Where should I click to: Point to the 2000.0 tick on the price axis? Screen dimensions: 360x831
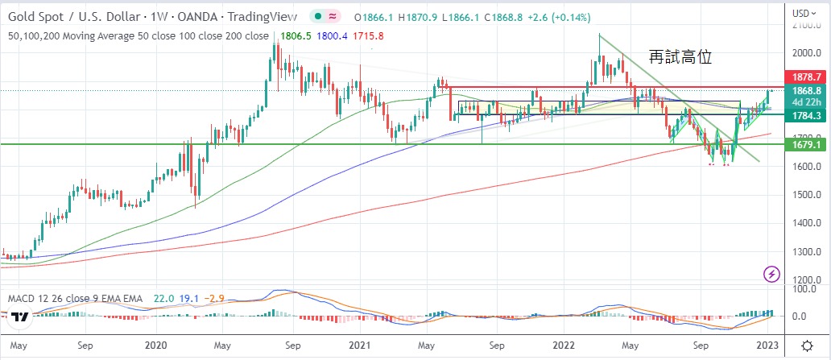[806, 53]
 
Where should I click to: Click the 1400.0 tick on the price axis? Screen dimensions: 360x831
[806, 223]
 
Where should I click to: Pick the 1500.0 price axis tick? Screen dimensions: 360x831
[806, 195]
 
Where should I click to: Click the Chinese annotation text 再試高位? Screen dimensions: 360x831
[680, 56]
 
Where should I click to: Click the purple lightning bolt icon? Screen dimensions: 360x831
[771, 275]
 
